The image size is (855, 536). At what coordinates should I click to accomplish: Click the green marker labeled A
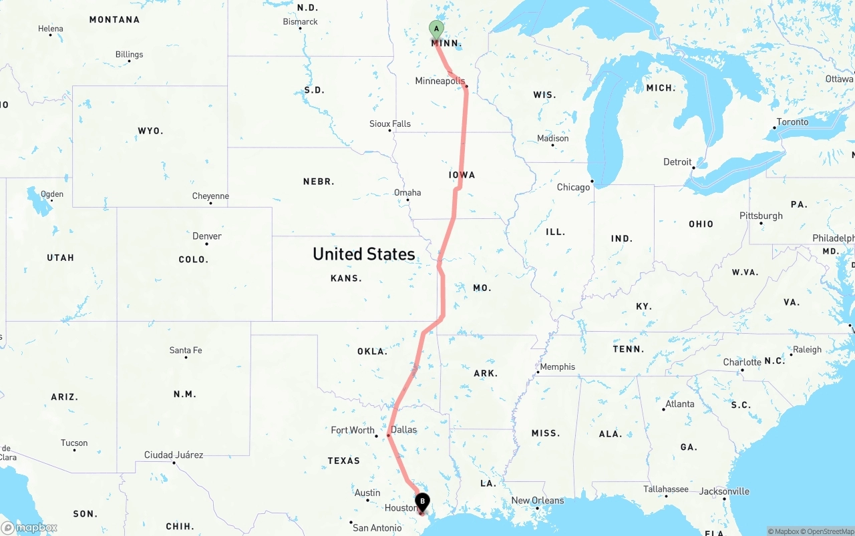(436, 29)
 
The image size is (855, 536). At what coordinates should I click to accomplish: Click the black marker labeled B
(422, 502)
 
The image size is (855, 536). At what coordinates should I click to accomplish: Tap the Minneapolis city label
(440, 81)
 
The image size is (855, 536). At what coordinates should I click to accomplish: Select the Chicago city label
(573, 187)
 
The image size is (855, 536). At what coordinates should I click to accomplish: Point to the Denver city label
(207, 236)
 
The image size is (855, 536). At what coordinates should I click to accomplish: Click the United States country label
(363, 254)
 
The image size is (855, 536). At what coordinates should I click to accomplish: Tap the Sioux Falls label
(390, 123)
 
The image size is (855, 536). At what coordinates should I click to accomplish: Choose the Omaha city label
(407, 192)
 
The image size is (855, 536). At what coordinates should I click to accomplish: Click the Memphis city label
(557, 366)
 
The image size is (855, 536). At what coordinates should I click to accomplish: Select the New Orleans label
(537, 500)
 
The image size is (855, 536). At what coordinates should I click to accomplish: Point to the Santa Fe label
(186, 350)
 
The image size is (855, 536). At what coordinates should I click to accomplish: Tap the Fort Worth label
(353, 430)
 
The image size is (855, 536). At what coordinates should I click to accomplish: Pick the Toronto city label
(792, 121)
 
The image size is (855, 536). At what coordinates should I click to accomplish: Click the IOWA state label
(462, 175)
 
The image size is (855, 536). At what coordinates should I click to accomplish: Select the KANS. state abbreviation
(346, 278)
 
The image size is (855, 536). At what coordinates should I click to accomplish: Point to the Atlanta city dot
(665, 409)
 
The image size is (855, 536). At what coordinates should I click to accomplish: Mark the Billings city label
(129, 54)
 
